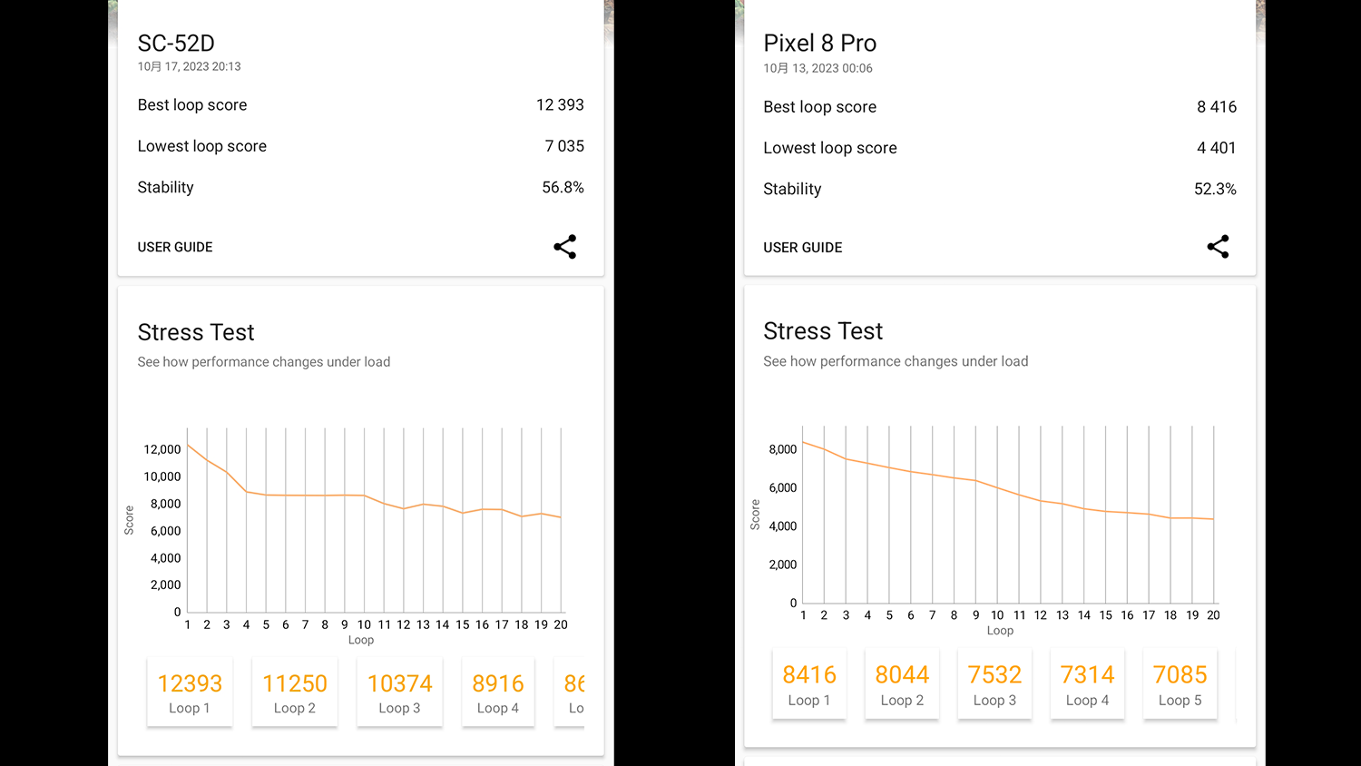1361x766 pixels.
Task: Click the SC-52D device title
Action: tap(176, 44)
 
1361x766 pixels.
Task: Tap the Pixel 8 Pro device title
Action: tap(819, 44)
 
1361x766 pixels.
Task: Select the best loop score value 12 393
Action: tap(560, 105)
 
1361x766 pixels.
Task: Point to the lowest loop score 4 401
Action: tap(1216, 148)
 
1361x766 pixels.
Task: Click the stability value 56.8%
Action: tap(563, 188)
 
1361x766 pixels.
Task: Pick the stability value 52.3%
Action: tap(1215, 189)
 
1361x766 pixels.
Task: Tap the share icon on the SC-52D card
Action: tap(564, 247)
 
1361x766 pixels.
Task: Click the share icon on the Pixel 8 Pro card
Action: tap(1218, 247)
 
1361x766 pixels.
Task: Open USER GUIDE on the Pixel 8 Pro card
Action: tap(802, 248)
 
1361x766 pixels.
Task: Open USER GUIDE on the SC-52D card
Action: tap(175, 247)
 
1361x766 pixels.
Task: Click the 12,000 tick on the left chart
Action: tap(162, 449)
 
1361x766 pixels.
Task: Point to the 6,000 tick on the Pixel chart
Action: tap(782, 488)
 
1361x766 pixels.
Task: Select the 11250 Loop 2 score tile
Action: tap(295, 692)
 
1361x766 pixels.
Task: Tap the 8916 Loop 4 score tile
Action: tap(498, 692)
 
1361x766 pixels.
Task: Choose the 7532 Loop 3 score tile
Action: tap(994, 684)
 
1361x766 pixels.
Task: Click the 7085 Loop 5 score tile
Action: tap(1180, 684)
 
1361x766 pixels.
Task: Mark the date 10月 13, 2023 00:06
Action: tap(818, 68)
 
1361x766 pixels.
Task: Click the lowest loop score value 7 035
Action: tap(564, 146)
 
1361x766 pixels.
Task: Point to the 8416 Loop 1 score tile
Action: tap(809, 684)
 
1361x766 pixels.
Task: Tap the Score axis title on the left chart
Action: tap(129, 520)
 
